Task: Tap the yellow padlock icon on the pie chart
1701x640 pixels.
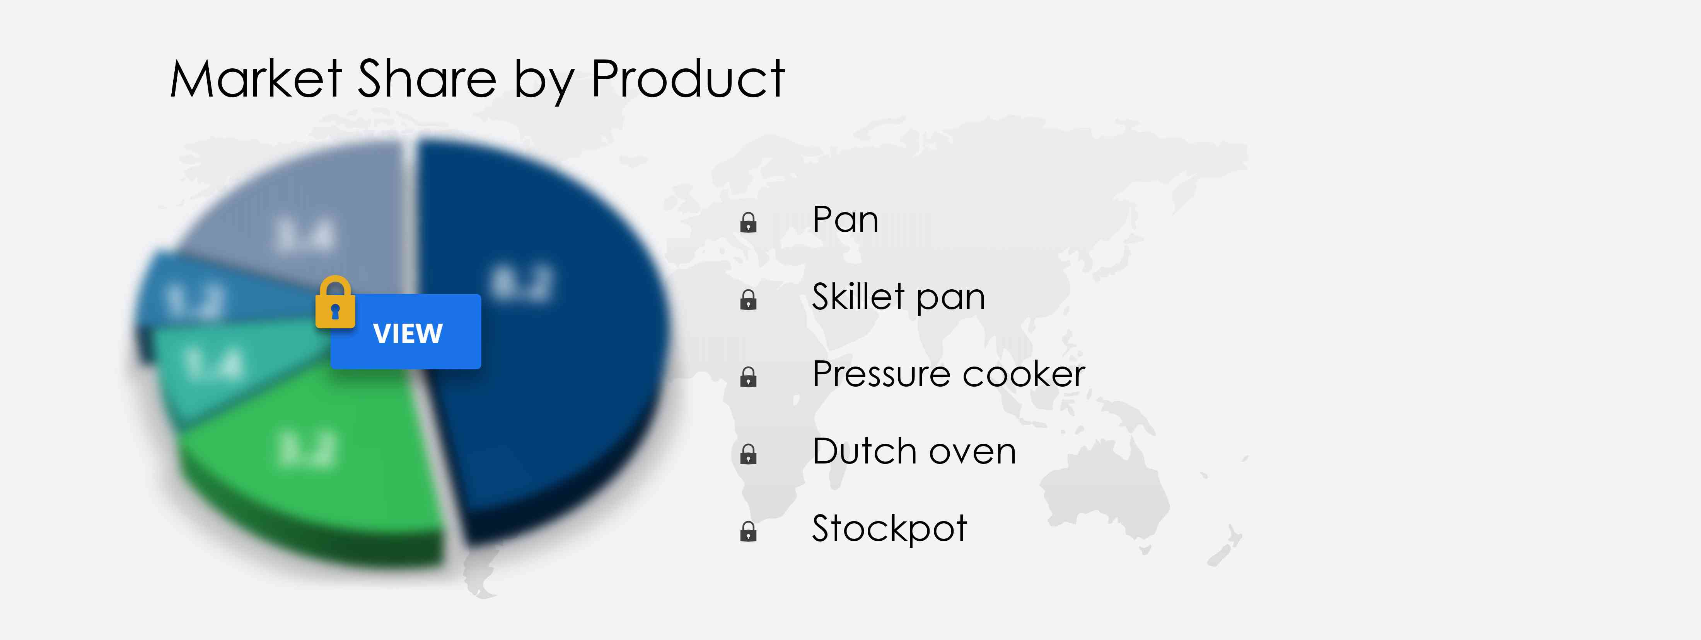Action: [335, 303]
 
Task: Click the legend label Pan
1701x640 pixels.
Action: [845, 220]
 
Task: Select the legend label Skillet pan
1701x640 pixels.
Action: [898, 297]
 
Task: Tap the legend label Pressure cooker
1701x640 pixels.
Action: [948, 374]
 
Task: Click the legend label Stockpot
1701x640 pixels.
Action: [889, 528]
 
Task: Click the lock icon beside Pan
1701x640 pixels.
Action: [748, 222]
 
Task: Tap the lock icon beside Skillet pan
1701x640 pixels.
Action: [748, 300]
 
